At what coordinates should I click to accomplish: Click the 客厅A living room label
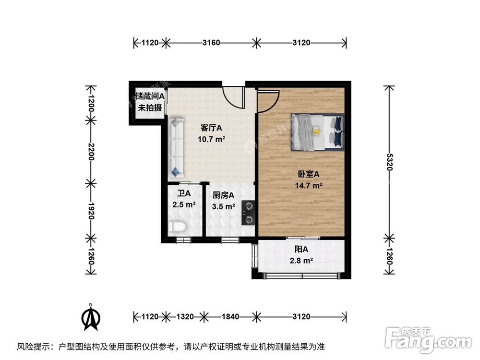(211, 128)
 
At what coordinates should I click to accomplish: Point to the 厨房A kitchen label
(223, 195)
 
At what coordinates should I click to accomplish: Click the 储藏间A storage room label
(150, 96)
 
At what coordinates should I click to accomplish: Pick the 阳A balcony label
(301, 249)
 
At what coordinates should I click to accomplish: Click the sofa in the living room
(175, 147)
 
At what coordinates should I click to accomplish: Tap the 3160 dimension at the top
(211, 43)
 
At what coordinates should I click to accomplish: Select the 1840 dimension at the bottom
(230, 317)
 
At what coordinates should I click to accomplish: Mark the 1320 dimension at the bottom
(185, 317)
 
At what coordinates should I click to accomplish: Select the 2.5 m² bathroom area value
(184, 205)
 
